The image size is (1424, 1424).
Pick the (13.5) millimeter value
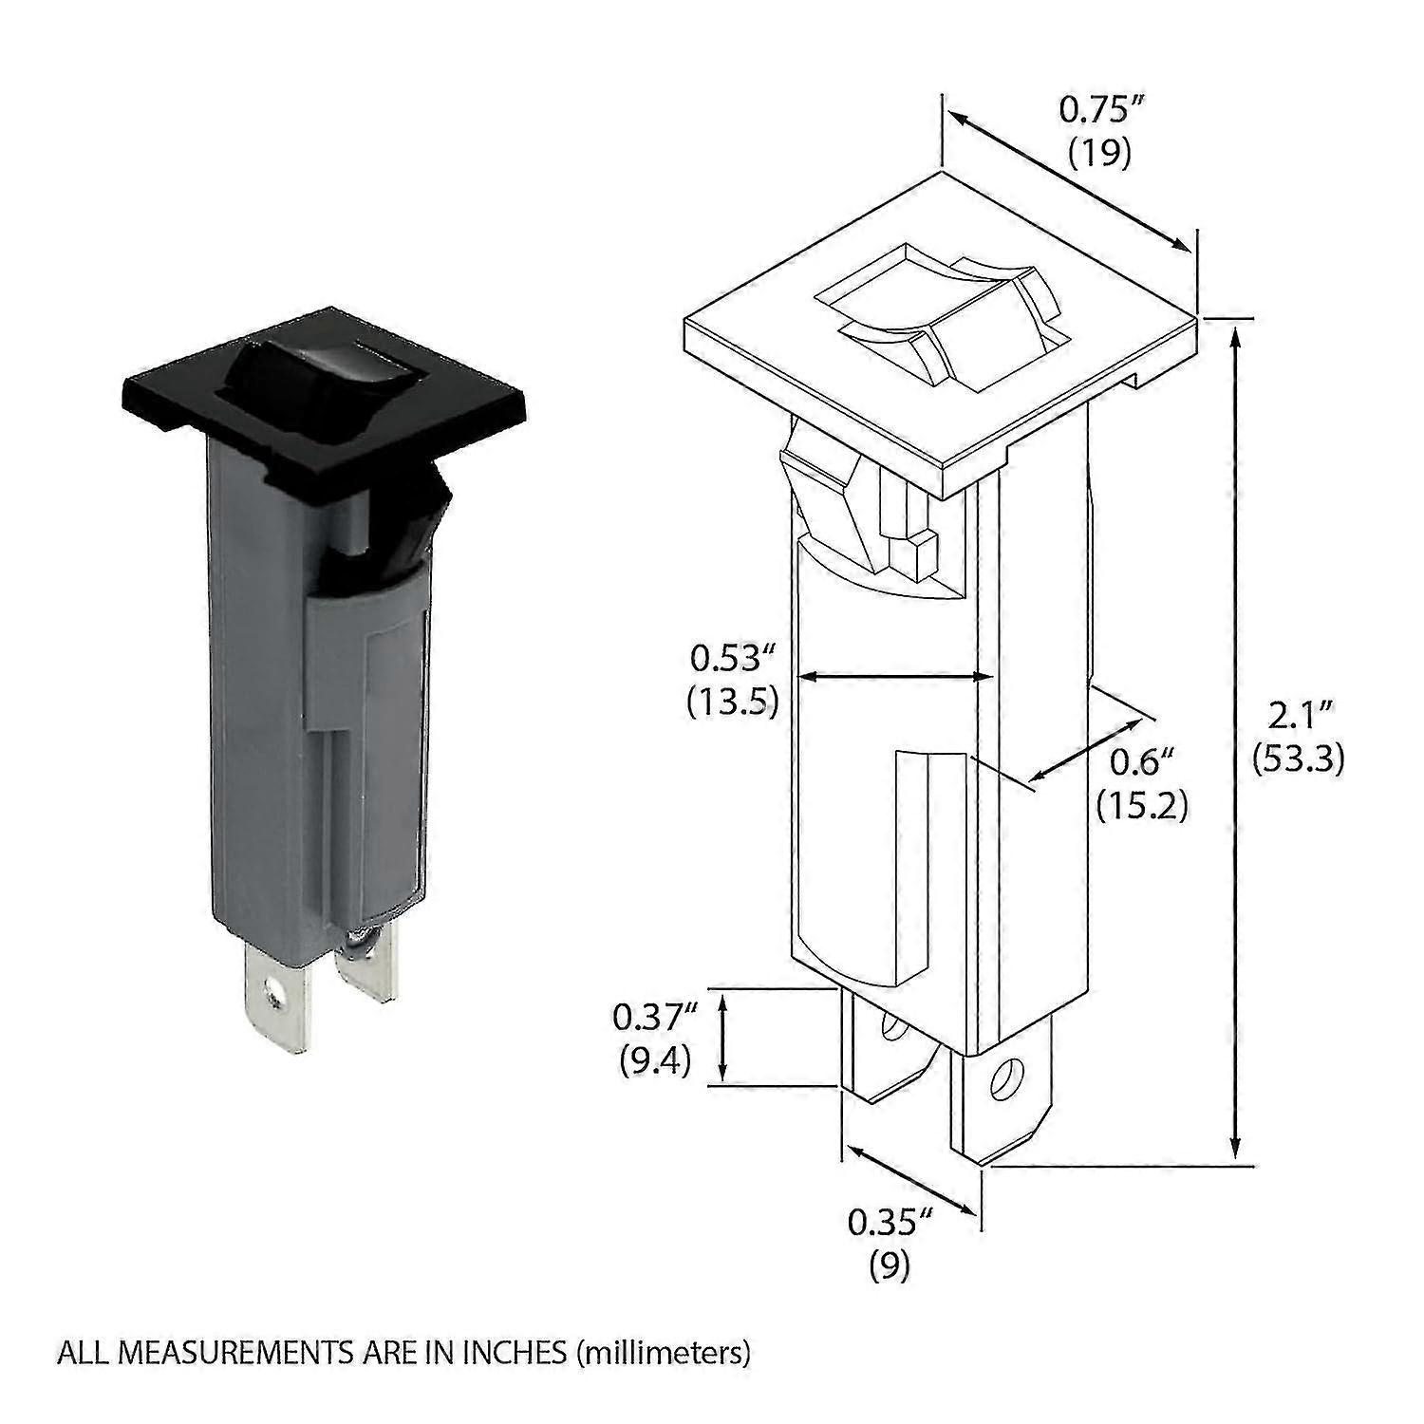pos(733,701)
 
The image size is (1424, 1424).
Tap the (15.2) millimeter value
pos(1143,805)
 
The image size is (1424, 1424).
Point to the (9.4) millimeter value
pos(654,1060)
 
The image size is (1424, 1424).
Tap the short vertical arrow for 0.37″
pos(723,1037)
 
